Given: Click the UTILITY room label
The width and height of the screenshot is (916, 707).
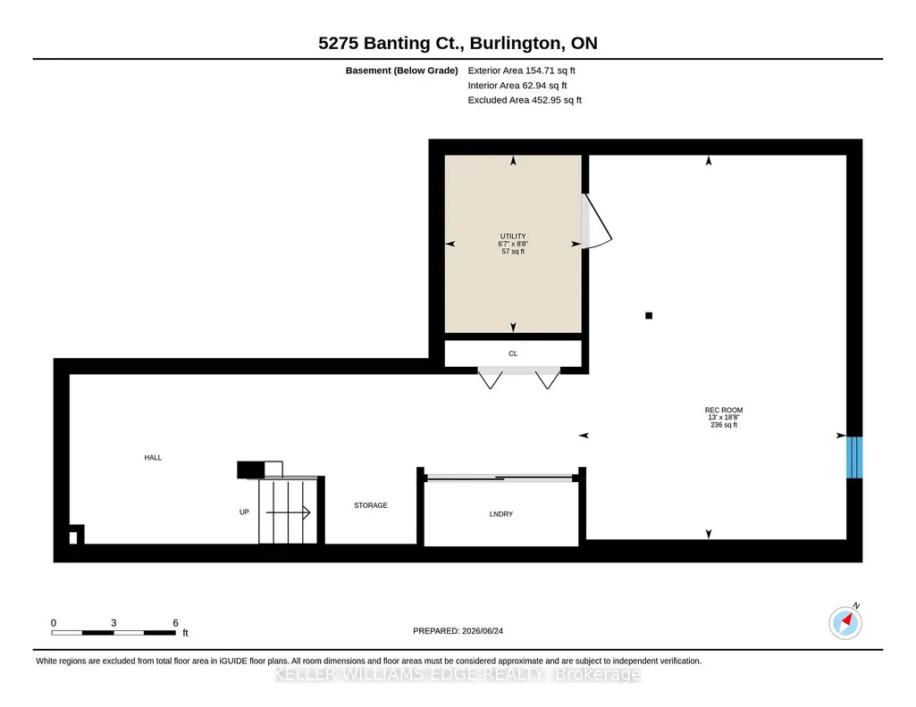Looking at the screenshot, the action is coord(513,237).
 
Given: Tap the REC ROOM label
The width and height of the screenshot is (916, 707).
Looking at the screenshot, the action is coord(724,410).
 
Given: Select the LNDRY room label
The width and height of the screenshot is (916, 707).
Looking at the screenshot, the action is coord(501,514).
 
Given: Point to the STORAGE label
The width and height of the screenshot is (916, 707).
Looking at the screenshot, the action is coord(370,505).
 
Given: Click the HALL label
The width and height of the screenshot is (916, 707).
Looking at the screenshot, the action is coord(153,457).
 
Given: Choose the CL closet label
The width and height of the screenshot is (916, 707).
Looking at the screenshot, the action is coord(513,353).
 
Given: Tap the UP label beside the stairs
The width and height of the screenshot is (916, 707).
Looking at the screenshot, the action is coord(244,512).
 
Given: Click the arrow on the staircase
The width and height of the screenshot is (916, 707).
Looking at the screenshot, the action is coord(288,512).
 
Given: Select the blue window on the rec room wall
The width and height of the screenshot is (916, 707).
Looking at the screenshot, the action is coord(854,457).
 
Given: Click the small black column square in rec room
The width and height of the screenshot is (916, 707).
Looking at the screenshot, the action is coord(649,316).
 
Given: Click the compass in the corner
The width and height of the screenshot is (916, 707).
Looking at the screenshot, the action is coord(845,622).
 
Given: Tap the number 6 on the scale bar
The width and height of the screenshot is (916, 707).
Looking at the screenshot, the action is coord(175,623).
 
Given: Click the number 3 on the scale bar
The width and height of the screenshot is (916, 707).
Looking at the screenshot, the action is coord(113,623).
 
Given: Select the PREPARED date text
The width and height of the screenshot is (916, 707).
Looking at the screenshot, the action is coord(458,630).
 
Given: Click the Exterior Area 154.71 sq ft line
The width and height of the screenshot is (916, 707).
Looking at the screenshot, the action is coord(522,71).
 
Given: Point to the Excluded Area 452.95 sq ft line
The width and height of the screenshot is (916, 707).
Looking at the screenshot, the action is coord(525,100).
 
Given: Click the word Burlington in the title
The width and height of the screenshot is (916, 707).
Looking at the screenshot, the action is coord(517,43).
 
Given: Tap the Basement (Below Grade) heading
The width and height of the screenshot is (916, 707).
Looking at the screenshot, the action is coord(402,71).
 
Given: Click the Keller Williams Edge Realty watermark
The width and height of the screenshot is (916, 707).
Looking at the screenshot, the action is coord(458,674).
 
